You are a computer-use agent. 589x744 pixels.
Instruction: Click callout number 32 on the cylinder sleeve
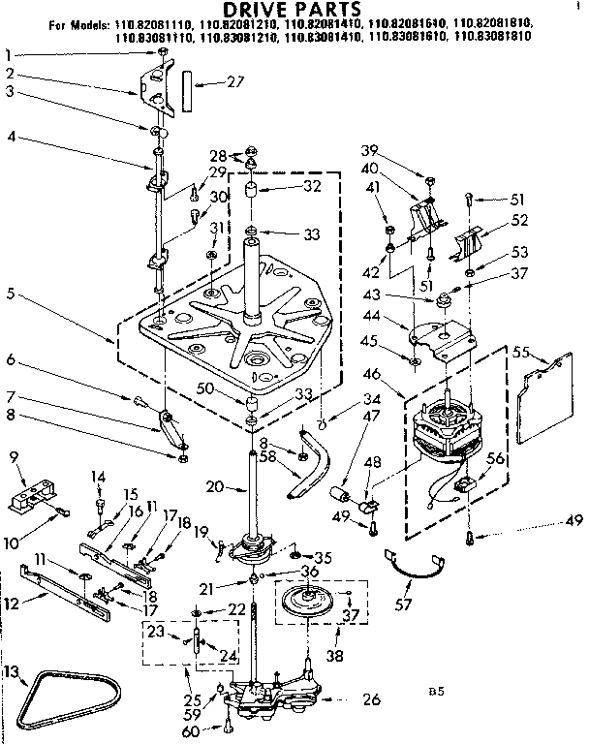tap(312, 187)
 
